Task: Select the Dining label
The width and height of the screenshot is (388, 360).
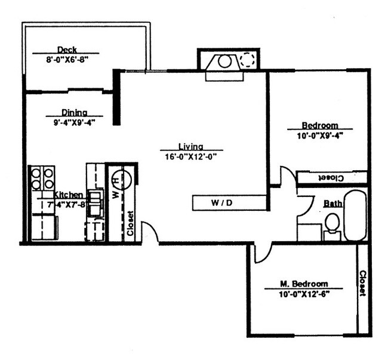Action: [74, 112]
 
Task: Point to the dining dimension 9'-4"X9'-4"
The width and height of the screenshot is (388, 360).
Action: [74, 122]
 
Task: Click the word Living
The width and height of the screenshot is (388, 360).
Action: [190, 146]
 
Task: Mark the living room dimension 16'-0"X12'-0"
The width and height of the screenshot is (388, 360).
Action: [190, 156]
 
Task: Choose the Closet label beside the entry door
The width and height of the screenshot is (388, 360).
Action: [131, 224]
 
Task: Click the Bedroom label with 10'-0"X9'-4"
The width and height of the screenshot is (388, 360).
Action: [319, 125]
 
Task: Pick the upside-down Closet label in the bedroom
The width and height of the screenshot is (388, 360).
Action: [330, 178]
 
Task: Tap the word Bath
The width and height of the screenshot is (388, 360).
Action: [332, 204]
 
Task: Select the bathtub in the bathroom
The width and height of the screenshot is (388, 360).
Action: [355, 215]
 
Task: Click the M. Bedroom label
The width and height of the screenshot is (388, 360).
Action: [304, 284]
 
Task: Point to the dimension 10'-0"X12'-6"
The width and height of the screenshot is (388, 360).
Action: [304, 294]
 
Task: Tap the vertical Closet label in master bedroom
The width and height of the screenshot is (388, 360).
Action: [362, 284]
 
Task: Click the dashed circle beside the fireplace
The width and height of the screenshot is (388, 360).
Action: [247, 60]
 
